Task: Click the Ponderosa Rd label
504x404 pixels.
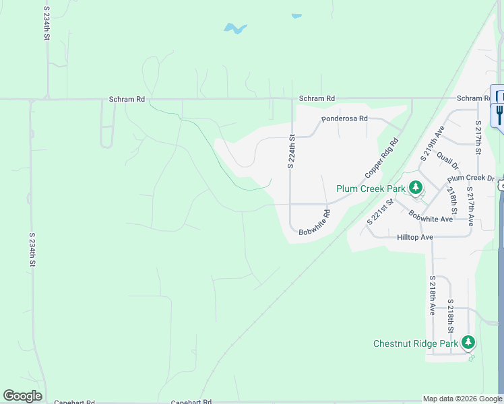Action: (x=344, y=119)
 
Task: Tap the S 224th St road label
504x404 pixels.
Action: (x=292, y=150)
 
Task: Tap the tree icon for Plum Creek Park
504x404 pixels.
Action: (x=416, y=188)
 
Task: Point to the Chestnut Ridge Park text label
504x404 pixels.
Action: (x=416, y=343)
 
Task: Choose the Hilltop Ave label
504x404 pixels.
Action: (x=414, y=237)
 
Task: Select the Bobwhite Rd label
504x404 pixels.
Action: (x=315, y=223)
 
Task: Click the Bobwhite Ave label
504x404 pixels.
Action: (x=431, y=215)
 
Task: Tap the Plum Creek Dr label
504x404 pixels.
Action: (x=471, y=178)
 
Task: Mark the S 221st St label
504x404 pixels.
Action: (x=380, y=211)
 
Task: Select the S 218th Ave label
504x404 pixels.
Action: (x=432, y=295)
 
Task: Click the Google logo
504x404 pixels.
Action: (x=22, y=396)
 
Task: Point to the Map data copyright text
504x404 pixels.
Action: (x=462, y=399)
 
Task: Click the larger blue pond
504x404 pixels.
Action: (x=235, y=29)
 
